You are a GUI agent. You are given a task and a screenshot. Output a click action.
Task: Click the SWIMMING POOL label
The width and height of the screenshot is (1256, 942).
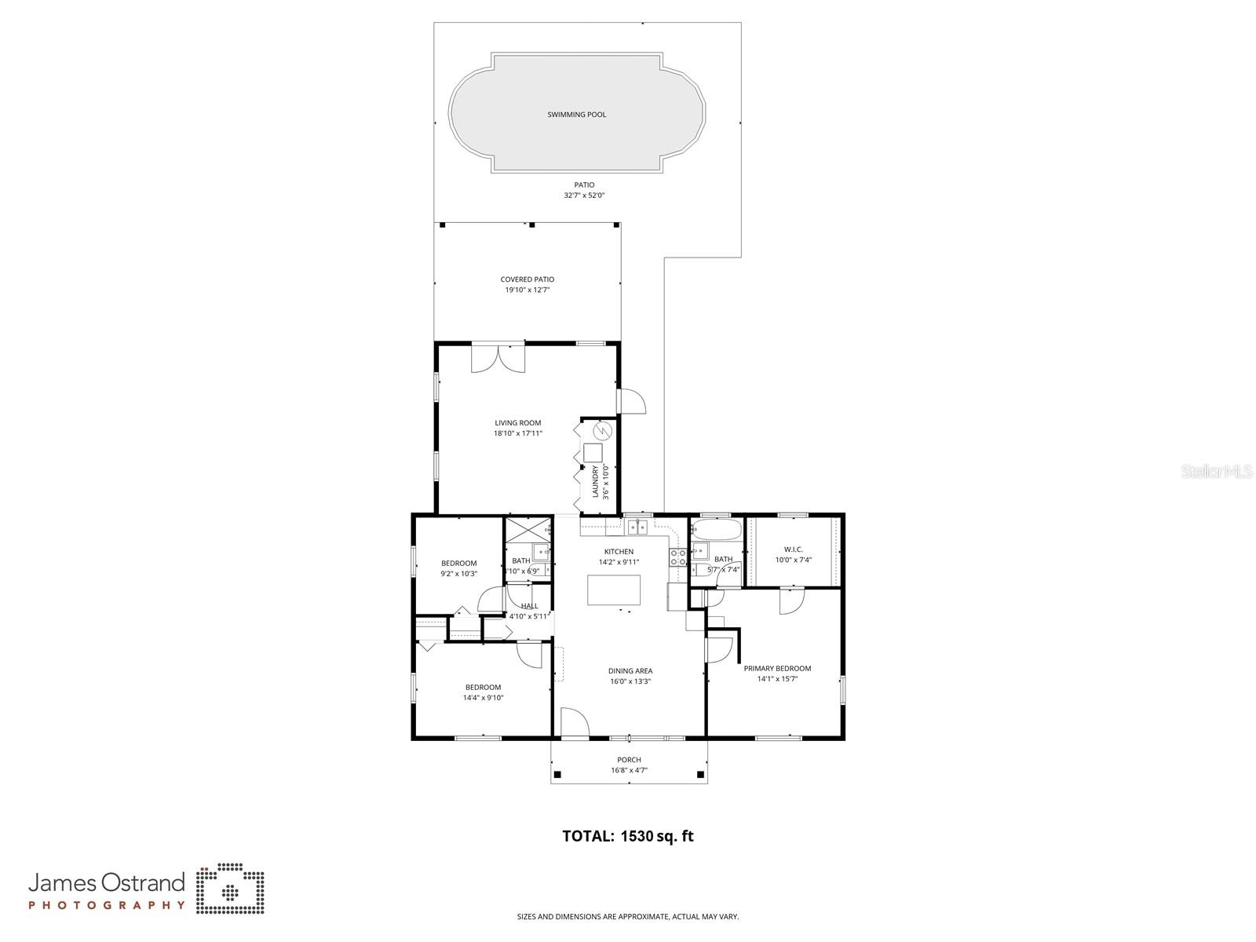point(576,115)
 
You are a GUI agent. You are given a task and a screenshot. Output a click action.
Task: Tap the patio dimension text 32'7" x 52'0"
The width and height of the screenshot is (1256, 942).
point(584,195)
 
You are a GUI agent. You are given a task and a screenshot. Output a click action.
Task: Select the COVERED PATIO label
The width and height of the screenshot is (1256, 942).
point(528,279)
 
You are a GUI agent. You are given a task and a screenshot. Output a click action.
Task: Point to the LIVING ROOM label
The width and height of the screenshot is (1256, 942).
point(517,423)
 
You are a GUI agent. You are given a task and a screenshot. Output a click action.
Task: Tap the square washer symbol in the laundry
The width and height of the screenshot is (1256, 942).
point(593,453)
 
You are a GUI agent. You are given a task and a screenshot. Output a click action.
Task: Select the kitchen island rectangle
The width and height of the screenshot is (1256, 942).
point(614,590)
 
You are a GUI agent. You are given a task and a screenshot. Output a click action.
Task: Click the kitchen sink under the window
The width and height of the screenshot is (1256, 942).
point(638,527)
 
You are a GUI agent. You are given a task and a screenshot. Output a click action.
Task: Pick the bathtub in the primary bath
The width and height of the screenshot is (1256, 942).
point(717,529)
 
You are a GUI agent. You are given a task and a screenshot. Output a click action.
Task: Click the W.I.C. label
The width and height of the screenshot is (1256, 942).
point(793,549)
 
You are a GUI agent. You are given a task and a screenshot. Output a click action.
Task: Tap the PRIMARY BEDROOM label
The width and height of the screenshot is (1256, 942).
point(777,669)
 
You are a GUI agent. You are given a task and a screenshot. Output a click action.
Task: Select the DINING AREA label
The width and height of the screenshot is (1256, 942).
point(630,671)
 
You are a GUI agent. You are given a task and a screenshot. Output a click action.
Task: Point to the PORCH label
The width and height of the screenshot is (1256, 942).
point(629,760)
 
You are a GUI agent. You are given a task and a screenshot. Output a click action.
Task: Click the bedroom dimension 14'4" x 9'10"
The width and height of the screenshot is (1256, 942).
point(483,698)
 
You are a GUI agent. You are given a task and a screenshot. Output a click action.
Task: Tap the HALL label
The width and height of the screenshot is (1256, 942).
point(530,606)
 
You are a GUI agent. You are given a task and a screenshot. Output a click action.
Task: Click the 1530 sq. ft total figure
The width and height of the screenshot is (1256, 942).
point(657,837)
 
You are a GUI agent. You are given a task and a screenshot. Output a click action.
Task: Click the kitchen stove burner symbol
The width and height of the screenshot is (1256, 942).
point(677,557)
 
